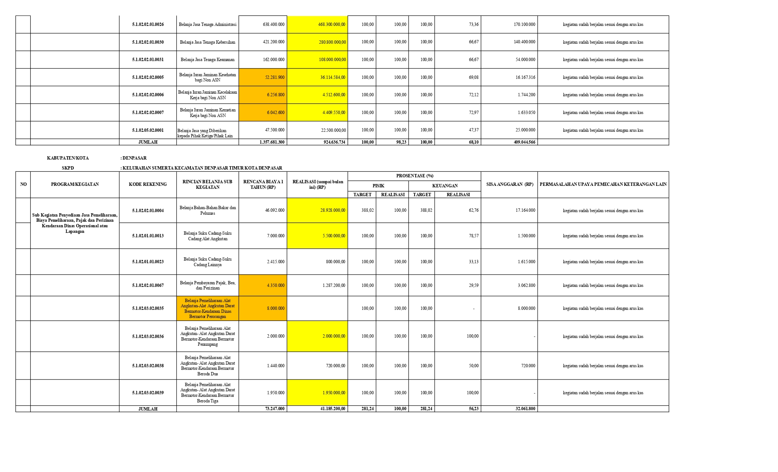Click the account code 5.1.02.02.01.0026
point(148,24)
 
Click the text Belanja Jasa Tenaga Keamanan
point(207,60)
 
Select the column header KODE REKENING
point(148,184)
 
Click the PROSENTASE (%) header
point(415,176)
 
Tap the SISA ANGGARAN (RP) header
point(509,184)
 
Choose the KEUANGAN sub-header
point(445,186)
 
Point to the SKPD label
point(68,168)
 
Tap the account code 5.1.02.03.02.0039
point(148,393)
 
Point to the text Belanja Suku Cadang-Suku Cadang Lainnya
point(207,262)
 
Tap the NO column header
point(23,184)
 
